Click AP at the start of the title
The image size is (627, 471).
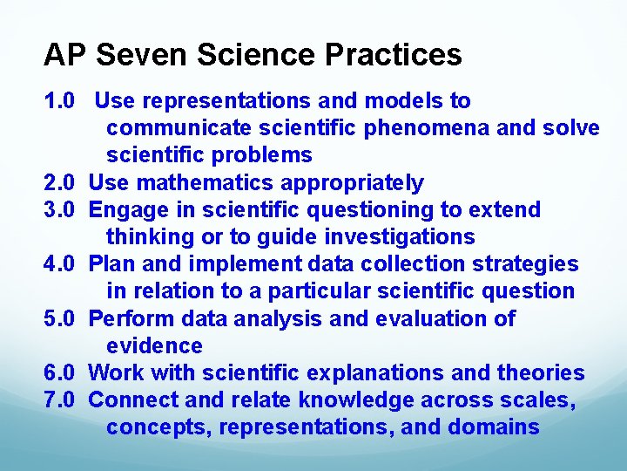65,56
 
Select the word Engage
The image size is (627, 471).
127,210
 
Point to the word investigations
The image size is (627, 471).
400,237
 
